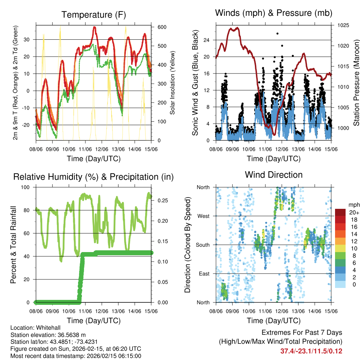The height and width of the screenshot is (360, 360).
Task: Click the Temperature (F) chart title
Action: [94, 15]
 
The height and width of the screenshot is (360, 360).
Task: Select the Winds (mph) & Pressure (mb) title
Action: [274, 13]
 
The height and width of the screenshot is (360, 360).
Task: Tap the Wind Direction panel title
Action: [274, 174]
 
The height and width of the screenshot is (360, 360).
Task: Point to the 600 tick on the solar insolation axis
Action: [162, 27]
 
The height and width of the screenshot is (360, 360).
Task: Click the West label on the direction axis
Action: [203, 216]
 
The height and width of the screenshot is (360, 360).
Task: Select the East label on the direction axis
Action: [204, 274]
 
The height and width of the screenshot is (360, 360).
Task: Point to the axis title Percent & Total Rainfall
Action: [13, 245]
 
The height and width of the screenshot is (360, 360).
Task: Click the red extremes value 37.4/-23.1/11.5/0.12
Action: [311, 351]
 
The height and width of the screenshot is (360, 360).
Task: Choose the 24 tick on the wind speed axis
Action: [207, 40]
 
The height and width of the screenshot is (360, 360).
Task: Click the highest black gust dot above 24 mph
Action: [277, 33]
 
